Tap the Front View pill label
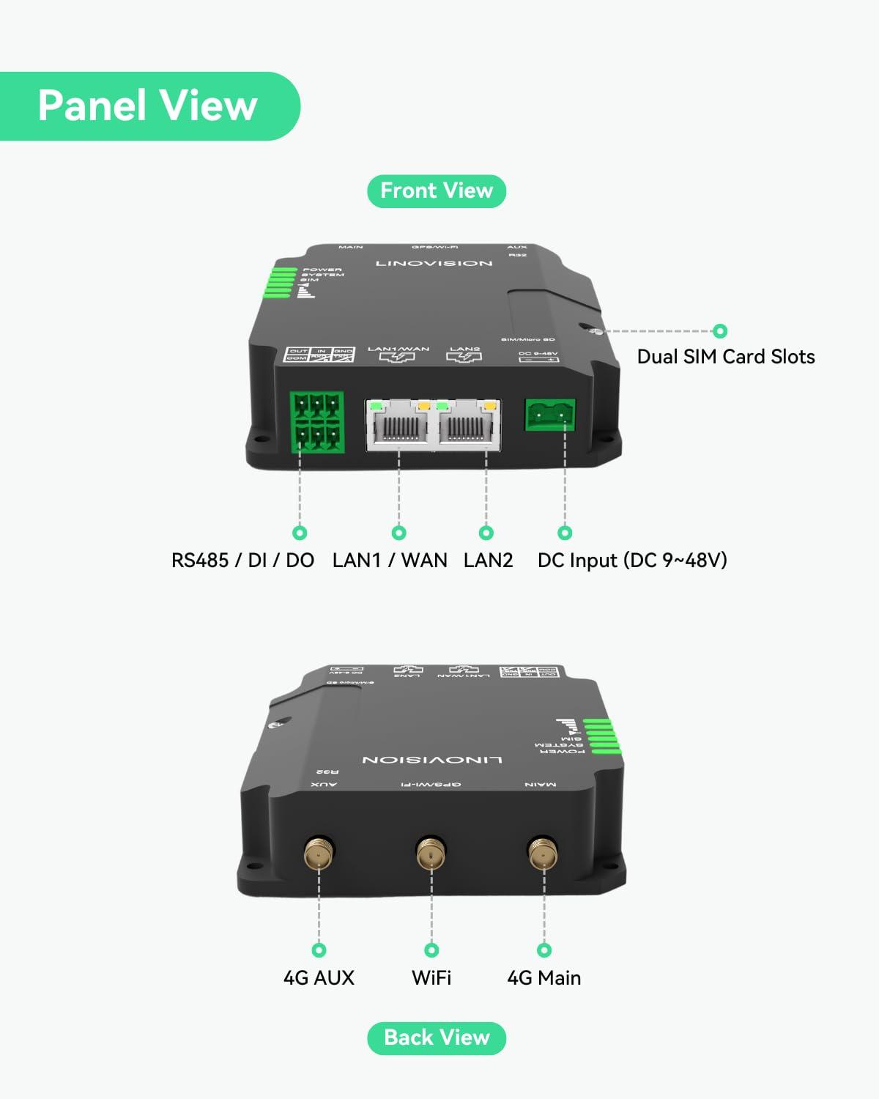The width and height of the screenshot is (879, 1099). [437, 191]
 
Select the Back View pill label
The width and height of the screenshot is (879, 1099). [437, 1038]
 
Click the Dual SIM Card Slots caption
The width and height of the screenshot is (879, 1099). [725, 357]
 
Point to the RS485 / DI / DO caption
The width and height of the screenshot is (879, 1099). [242, 560]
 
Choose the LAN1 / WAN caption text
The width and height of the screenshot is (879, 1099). [390, 560]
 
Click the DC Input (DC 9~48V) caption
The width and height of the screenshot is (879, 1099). [632, 560]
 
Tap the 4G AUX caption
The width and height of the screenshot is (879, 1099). [319, 978]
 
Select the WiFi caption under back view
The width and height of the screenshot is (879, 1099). [431, 978]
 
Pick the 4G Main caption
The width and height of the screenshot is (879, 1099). [544, 978]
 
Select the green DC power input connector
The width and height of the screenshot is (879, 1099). [550, 415]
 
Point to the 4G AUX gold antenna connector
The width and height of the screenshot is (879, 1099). [319, 854]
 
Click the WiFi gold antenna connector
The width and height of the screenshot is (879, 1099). [431, 854]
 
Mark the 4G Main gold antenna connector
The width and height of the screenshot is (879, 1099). [544, 854]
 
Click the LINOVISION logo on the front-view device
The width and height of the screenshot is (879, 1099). [434, 263]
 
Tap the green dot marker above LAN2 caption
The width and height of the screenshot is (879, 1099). [486, 533]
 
